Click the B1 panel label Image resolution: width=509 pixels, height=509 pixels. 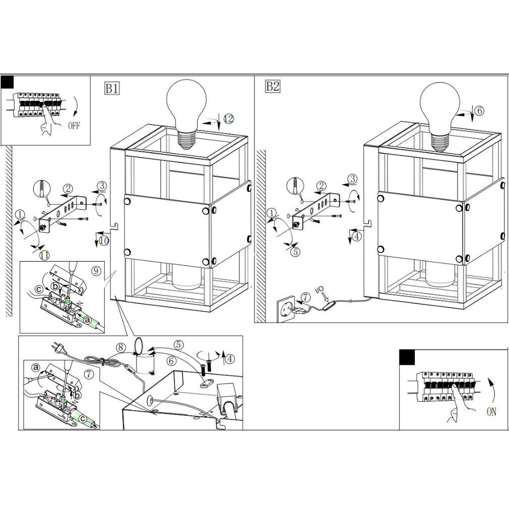pyautogui.click(x=112, y=89)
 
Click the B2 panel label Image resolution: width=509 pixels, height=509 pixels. pyautogui.click(x=272, y=87)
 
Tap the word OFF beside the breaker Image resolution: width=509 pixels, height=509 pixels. pyautogui.click(x=74, y=125)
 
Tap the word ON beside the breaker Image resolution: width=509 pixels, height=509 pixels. pyautogui.click(x=491, y=412)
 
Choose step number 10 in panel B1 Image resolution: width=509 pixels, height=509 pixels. pyautogui.click(x=103, y=241)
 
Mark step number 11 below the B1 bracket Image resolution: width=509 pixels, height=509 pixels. pyautogui.click(x=44, y=255)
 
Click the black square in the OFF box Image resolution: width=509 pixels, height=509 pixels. pyautogui.click(x=8, y=82)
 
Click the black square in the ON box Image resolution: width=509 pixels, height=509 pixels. pyautogui.click(x=407, y=357)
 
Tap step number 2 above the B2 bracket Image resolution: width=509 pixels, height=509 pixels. pyautogui.click(x=321, y=185)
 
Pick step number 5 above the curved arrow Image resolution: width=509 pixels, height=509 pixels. pyautogui.click(x=179, y=345)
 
